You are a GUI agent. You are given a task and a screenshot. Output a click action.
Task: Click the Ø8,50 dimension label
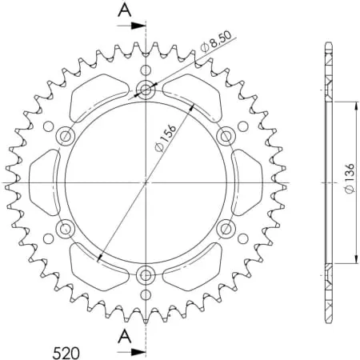[216, 42]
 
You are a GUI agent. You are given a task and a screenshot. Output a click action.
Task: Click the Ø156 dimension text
[166, 138]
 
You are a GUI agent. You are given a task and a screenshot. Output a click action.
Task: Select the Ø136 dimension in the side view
[350, 178]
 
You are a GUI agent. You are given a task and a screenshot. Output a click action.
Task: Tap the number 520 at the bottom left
[66, 353]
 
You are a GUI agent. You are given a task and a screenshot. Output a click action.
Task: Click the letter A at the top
[125, 10]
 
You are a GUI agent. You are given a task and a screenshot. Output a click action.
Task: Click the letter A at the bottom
[125, 336]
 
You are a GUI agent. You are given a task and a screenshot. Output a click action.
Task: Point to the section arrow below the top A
[131, 26]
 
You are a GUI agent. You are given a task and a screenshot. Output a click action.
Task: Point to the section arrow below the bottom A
[131, 351]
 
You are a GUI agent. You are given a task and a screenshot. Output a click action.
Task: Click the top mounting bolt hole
[146, 90]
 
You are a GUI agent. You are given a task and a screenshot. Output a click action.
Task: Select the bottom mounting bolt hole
[146, 275]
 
